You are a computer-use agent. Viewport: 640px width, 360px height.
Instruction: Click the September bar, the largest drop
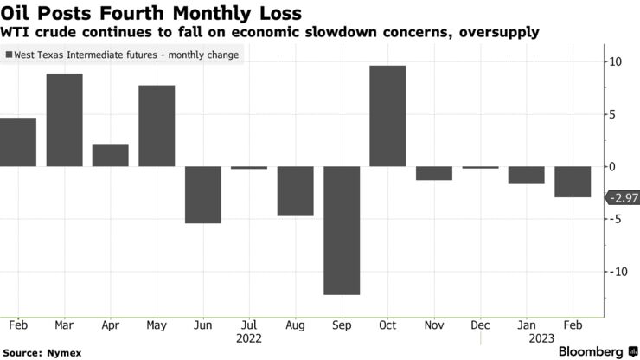pyautogui.click(x=342, y=230)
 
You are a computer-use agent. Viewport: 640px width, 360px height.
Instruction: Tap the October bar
pyautogui.click(x=387, y=116)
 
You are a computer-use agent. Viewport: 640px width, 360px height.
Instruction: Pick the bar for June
pyautogui.click(x=203, y=195)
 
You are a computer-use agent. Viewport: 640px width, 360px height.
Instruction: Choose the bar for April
pyautogui.click(x=111, y=156)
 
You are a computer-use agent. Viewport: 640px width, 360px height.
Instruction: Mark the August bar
pyautogui.click(x=295, y=191)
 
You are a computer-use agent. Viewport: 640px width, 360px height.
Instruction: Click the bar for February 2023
pyautogui.click(x=573, y=182)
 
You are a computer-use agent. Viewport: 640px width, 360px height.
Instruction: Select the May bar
pyautogui.click(x=157, y=126)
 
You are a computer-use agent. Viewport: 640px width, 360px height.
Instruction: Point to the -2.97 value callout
pyautogui.click(x=623, y=198)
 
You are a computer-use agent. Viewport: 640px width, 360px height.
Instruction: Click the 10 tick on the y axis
pyautogui.click(x=613, y=61)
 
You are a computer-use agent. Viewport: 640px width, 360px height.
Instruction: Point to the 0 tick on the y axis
pyautogui.click(x=611, y=166)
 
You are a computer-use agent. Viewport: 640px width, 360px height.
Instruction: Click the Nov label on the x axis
pyautogui.click(x=434, y=325)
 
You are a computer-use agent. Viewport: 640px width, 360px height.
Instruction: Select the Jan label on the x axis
pyautogui.click(x=527, y=325)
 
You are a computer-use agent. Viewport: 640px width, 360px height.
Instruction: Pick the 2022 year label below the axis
pyautogui.click(x=249, y=339)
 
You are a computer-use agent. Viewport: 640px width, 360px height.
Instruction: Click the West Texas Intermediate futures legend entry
pyautogui.click(x=125, y=55)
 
